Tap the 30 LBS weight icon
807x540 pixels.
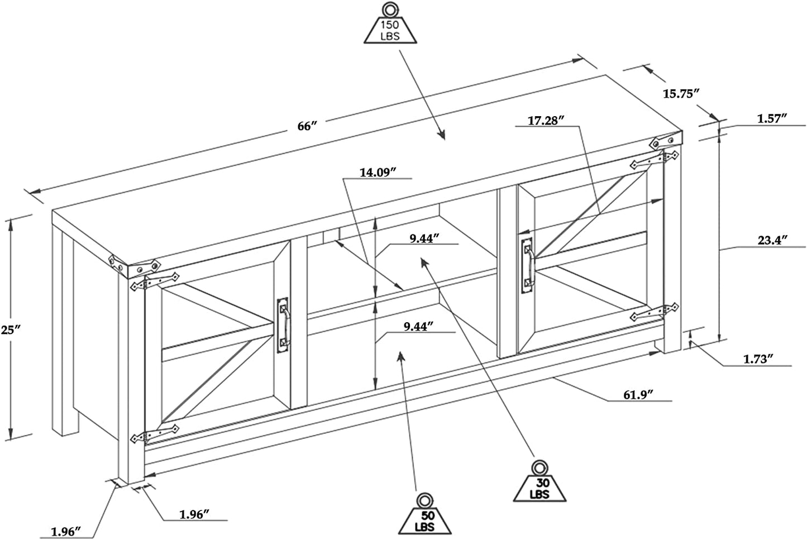pyautogui.click(x=539, y=481)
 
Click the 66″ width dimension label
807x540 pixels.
pyautogui.click(x=307, y=126)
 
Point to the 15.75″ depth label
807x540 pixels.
pyautogui.click(x=681, y=94)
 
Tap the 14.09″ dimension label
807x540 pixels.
pyautogui.click(x=378, y=173)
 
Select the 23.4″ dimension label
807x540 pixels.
pyautogui.click(x=772, y=240)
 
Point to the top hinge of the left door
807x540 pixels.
pyautogui.click(x=155, y=281)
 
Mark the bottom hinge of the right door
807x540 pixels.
pyautogui.click(x=655, y=312)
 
